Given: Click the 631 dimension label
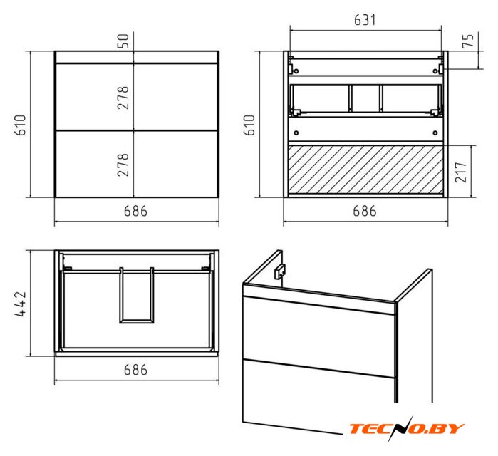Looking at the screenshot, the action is (365, 20).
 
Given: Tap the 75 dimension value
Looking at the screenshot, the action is (468, 41).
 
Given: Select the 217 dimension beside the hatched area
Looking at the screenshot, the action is (461, 172).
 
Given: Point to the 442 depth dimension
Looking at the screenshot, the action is (20, 304).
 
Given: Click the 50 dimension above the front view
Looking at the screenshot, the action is (124, 41).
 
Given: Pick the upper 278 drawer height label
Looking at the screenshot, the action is (123, 98).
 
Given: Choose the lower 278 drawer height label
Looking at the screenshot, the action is (123, 165).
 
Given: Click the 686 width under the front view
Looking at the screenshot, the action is (135, 211).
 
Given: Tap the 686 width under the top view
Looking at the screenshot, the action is (135, 370).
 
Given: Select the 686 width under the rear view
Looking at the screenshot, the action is (365, 211).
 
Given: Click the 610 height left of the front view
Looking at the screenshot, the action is (20, 125).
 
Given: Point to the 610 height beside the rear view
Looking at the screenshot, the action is (249, 125).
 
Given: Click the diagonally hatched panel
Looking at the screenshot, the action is (365, 170).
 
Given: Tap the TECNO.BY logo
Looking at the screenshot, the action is (407, 429).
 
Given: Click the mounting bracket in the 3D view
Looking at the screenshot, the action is (279, 271).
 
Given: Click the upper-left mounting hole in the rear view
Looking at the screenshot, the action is (296, 71).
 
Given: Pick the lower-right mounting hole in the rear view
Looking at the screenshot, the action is (435, 133).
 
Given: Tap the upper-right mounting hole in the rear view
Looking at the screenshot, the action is (435, 71).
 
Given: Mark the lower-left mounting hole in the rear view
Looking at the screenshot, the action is (296, 133).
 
